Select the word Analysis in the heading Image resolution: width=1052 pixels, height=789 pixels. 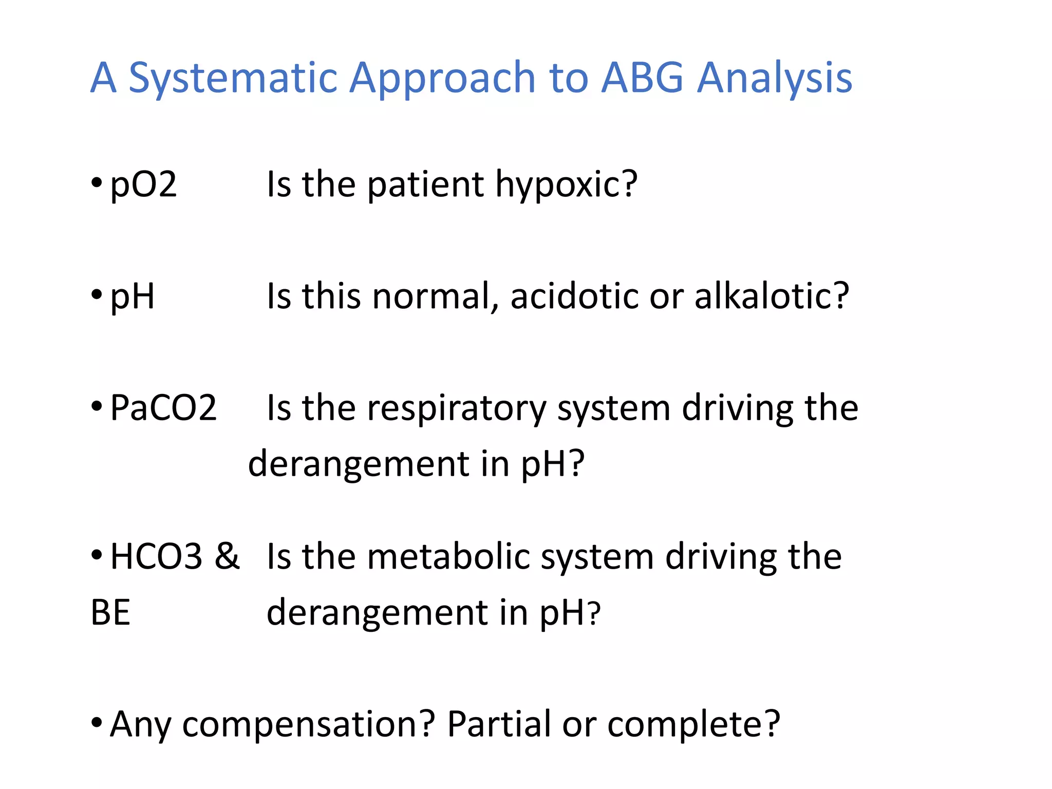point(774,78)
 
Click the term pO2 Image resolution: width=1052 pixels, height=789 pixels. point(144,185)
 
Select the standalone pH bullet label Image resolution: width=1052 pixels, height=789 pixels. point(132,297)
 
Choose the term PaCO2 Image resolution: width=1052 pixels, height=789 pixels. point(163,408)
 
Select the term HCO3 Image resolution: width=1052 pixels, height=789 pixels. point(156,557)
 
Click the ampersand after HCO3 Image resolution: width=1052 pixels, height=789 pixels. point(227,557)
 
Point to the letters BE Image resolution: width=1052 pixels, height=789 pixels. point(110,613)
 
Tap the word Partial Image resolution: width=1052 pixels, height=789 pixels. point(499,724)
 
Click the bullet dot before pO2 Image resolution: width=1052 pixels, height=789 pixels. point(96,183)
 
